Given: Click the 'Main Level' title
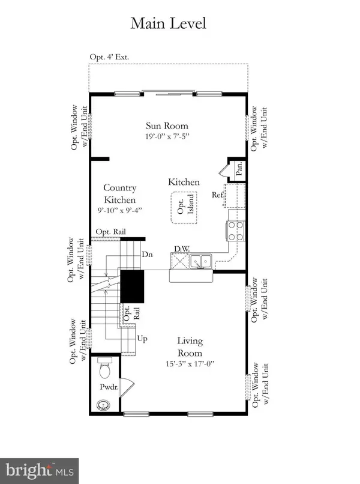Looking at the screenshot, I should (168, 23).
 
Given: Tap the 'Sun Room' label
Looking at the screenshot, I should (167, 126).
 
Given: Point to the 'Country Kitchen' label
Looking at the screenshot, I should (119, 193).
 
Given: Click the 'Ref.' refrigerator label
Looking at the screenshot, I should (217, 195).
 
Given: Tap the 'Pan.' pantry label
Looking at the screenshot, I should (238, 171).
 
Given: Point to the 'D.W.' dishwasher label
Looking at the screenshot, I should (181, 249).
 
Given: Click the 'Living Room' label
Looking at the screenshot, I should (190, 346).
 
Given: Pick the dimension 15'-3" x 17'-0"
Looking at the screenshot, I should (190, 363).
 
